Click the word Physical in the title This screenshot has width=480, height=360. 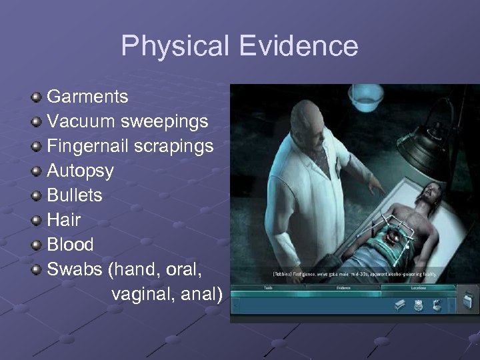tap(172, 46)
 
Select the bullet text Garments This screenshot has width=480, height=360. tap(87, 97)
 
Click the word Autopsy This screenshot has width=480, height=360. tap(80, 171)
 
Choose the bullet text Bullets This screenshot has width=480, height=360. tap(74, 195)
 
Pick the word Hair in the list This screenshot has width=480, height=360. tap(63, 220)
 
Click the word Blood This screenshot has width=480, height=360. tap(70, 245)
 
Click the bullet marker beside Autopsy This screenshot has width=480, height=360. tap(37, 171)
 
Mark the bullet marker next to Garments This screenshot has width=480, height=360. tap(37, 97)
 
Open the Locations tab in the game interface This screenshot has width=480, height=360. tap(419, 288)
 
